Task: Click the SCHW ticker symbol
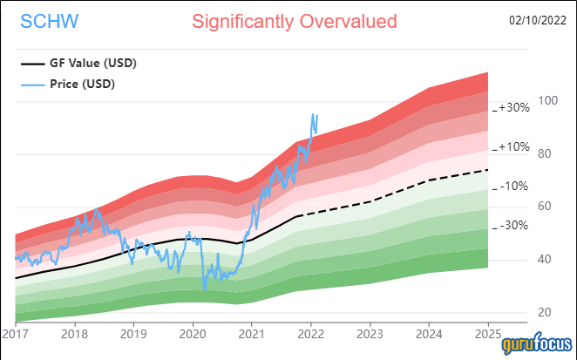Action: [44, 21]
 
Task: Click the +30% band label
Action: [514, 108]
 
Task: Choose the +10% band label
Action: [514, 146]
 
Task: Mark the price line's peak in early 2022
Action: [313, 114]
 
